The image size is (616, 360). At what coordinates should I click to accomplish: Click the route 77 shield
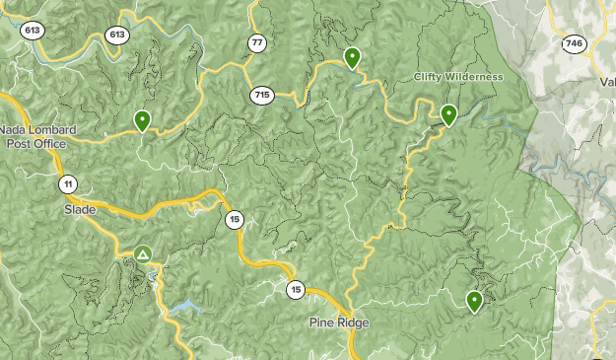[257, 42]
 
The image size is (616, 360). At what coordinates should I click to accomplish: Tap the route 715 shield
[261, 95]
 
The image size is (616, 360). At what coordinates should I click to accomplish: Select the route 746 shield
[573, 43]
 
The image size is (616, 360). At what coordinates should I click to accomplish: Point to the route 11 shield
[67, 184]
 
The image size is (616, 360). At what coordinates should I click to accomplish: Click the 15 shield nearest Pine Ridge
[296, 290]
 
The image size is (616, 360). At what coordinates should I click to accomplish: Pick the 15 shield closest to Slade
[233, 220]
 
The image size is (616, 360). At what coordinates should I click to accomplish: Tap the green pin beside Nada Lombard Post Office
[143, 121]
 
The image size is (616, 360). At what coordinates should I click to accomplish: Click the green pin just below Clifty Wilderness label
[448, 115]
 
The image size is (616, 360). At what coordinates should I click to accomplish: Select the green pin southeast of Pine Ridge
[475, 301]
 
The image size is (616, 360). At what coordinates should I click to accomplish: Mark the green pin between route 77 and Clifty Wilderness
[352, 59]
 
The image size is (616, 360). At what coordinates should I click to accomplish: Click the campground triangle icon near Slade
[143, 255]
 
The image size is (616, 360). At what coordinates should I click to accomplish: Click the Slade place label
[81, 210]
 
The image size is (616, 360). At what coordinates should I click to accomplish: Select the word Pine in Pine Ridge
[322, 323]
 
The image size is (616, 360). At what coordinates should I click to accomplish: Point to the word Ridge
[353, 323]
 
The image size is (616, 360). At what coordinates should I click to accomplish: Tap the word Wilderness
[474, 77]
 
